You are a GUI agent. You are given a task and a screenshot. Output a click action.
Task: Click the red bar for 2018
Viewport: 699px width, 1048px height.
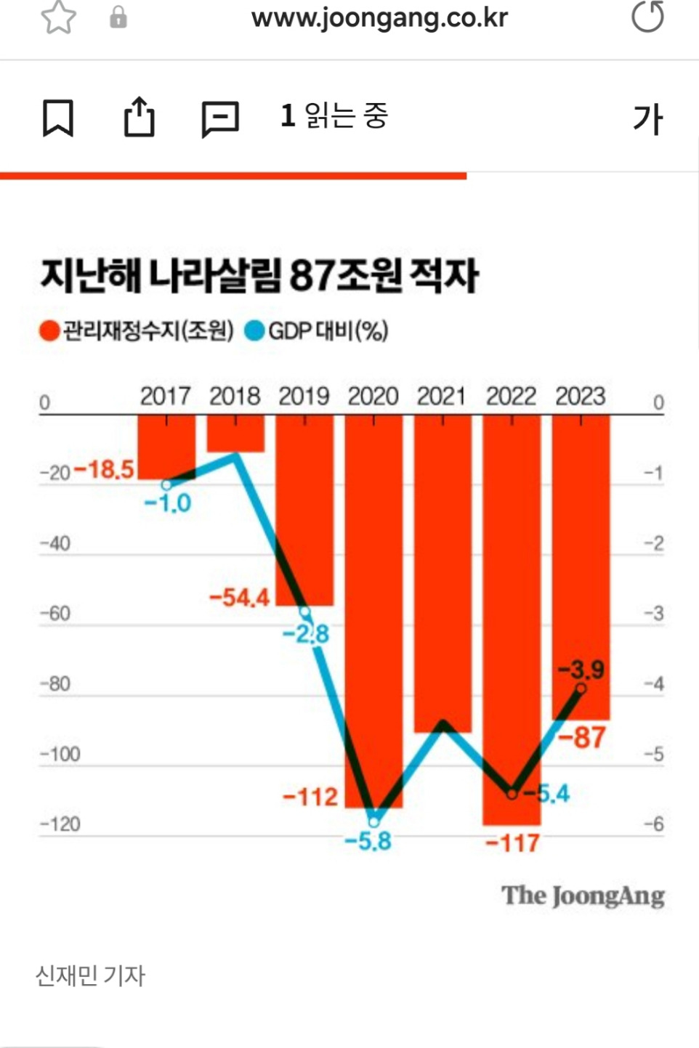(235, 434)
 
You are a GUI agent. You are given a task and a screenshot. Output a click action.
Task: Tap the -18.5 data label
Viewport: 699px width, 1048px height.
(105, 469)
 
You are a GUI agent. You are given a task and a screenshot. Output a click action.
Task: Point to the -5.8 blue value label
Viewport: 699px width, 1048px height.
(368, 842)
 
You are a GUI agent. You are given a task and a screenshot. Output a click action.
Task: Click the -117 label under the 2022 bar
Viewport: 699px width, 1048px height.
(513, 843)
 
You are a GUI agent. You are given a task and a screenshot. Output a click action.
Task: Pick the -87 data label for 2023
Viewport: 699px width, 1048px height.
(582, 738)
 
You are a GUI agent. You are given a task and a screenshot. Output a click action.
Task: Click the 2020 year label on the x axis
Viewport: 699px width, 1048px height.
(373, 397)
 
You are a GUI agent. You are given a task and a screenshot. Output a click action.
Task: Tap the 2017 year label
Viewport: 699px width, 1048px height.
(166, 397)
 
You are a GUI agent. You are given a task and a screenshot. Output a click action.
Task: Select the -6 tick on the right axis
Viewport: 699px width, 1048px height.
(654, 824)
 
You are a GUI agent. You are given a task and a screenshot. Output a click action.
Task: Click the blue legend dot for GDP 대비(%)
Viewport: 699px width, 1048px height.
(254, 331)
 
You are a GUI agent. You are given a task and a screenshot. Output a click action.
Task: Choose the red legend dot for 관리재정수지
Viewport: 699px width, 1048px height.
(49, 331)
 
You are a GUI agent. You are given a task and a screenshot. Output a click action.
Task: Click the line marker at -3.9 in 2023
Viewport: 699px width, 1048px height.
(581, 688)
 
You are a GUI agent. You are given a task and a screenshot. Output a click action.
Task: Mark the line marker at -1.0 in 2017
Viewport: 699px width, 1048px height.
(166, 485)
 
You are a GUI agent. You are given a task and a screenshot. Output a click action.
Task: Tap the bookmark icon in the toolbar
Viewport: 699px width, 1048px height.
(58, 118)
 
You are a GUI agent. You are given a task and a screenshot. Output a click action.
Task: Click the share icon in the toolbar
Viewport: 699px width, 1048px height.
(139, 117)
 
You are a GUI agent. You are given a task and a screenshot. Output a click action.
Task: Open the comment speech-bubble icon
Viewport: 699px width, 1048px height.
(219, 118)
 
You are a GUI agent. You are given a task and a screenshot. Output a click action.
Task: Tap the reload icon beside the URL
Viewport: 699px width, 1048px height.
(647, 17)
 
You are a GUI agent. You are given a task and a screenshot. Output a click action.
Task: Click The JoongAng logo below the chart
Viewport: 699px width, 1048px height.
(583, 895)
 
